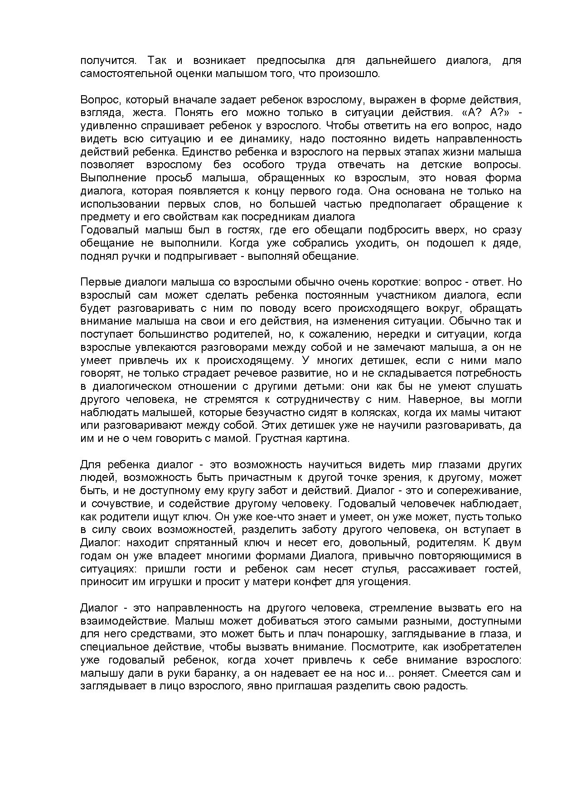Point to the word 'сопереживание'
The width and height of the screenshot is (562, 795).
[482, 491]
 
